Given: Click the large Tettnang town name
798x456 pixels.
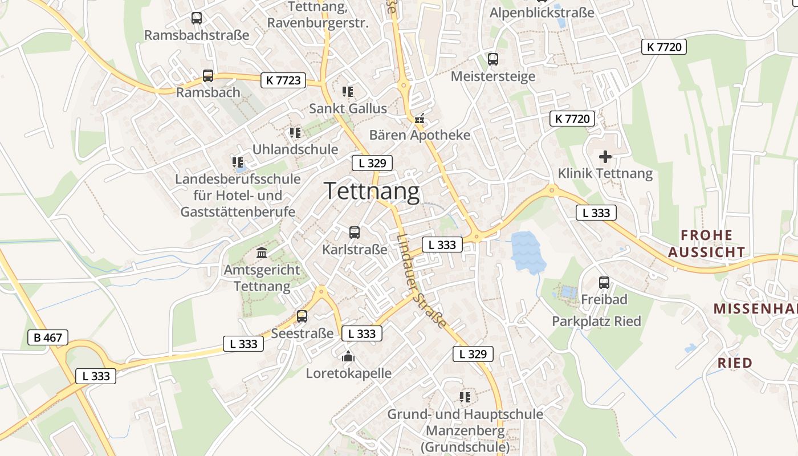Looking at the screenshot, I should coord(372,192).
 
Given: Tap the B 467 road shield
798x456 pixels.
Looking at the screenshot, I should coord(48,337).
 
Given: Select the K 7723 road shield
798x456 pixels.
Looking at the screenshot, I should coord(283,80).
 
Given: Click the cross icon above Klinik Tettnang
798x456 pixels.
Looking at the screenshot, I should coord(605,156).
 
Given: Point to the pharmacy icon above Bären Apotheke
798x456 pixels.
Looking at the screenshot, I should coord(420,119).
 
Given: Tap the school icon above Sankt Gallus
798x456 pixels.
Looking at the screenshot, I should coord(348,91).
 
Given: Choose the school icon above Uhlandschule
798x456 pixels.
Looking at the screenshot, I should coord(295,133).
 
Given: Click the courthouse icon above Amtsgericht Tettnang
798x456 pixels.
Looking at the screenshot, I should coord(262,253).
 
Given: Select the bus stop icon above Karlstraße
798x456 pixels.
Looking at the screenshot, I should coord(354,233).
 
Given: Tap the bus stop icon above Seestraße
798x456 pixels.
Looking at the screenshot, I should coord(302,316).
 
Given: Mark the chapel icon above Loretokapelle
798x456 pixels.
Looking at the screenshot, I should coord(348,357).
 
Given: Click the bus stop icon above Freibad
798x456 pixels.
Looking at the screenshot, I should coord(604,282).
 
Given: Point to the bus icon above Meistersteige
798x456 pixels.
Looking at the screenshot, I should coord(492,59).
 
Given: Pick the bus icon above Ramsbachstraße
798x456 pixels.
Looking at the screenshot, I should coord(197,18).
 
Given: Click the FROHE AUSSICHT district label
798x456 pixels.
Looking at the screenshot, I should coord(706,243).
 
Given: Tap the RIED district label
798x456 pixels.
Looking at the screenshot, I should coord(735,363).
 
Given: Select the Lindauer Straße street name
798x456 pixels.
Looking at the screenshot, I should coord(421,281).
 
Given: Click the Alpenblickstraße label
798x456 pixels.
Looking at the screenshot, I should coord(541,13).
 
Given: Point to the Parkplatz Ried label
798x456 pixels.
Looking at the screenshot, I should coord(596,321).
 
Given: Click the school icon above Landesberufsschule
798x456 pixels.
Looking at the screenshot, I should coord(238,162).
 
